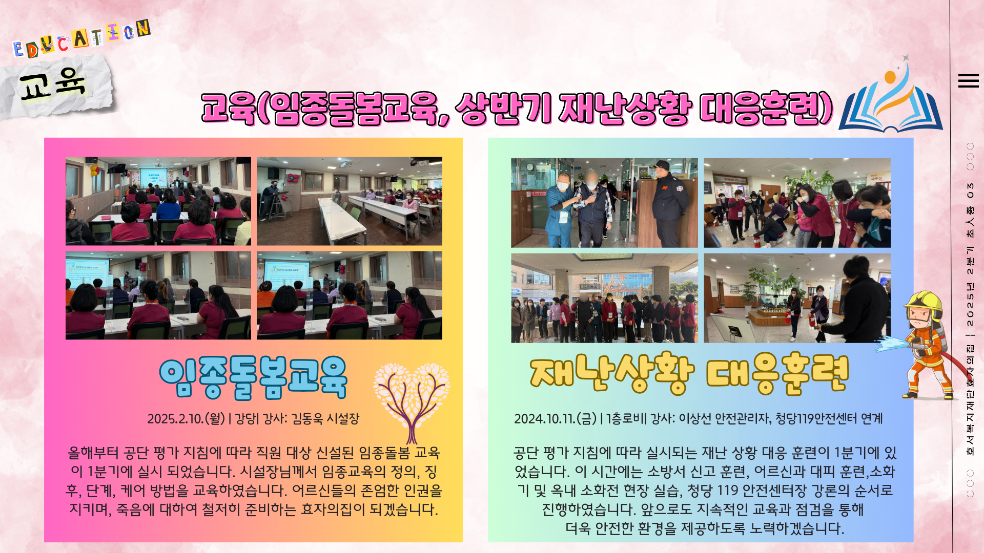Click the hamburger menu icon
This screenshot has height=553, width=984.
pyautogui.click(x=968, y=81)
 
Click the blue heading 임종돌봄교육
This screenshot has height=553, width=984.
pyautogui.click(x=253, y=378)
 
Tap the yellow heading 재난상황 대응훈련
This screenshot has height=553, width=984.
pyautogui.click(x=689, y=373)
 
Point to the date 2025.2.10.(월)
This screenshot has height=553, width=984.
pyautogui.click(x=186, y=419)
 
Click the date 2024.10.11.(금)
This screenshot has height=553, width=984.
pyautogui.click(x=556, y=419)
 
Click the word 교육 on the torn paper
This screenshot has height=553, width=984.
pyautogui.click(x=52, y=83)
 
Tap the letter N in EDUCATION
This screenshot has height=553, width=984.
pyautogui.click(x=143, y=28)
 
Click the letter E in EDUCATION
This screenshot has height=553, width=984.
pyautogui.click(x=18, y=49)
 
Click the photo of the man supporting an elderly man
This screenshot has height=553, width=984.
pyautogui.click(x=604, y=203)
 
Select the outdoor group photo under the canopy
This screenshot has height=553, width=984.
pyautogui.click(x=604, y=298)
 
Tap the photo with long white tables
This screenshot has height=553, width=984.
pyautogui.click(x=350, y=201)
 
